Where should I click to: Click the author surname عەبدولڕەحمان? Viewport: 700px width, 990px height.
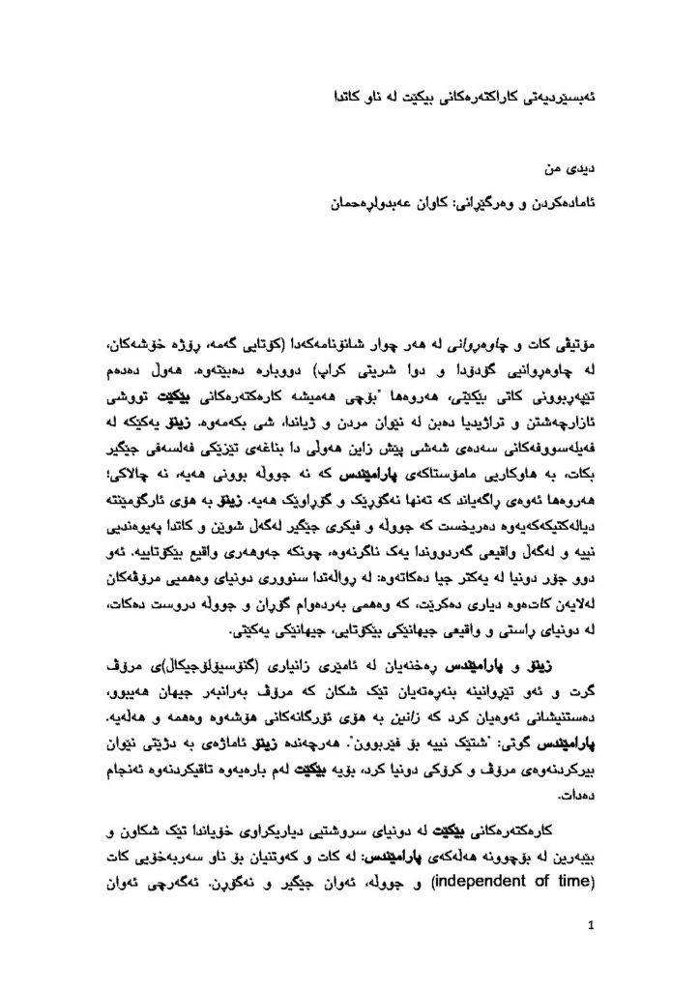[369, 204]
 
